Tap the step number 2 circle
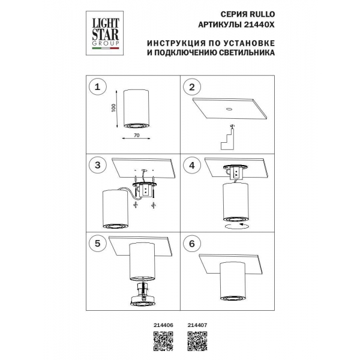(x=192, y=88)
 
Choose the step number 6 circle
(x=192, y=244)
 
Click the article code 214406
(x=165, y=325)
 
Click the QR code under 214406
(x=164, y=340)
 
